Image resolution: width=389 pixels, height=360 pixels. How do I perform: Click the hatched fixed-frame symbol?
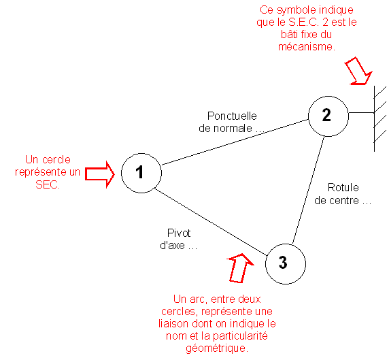pos(375,118)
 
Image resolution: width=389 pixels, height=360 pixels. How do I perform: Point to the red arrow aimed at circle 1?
pos(100,174)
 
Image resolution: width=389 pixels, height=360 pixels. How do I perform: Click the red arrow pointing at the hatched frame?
pos(358,71)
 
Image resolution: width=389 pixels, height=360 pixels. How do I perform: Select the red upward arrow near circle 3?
pos(239,268)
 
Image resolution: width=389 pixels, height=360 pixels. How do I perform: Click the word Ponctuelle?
pos(232,116)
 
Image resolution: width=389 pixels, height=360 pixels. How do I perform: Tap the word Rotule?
pos(343,187)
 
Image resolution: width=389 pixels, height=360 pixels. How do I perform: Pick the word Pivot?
pos(179,233)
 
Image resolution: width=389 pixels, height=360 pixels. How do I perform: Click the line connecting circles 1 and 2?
pos(235,142)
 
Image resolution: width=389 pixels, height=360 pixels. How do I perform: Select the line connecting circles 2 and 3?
pos(308,190)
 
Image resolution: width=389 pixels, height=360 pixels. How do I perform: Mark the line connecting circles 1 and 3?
pos(211,222)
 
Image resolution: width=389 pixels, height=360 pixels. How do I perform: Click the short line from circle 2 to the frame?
pos(362,113)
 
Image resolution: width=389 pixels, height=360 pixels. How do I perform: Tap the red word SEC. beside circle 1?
pos(48,184)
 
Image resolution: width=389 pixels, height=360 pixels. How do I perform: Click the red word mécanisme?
pos(307,47)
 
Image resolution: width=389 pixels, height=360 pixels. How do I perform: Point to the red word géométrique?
pos(217,348)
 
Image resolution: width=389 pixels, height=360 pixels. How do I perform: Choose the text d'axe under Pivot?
pos(173,246)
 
